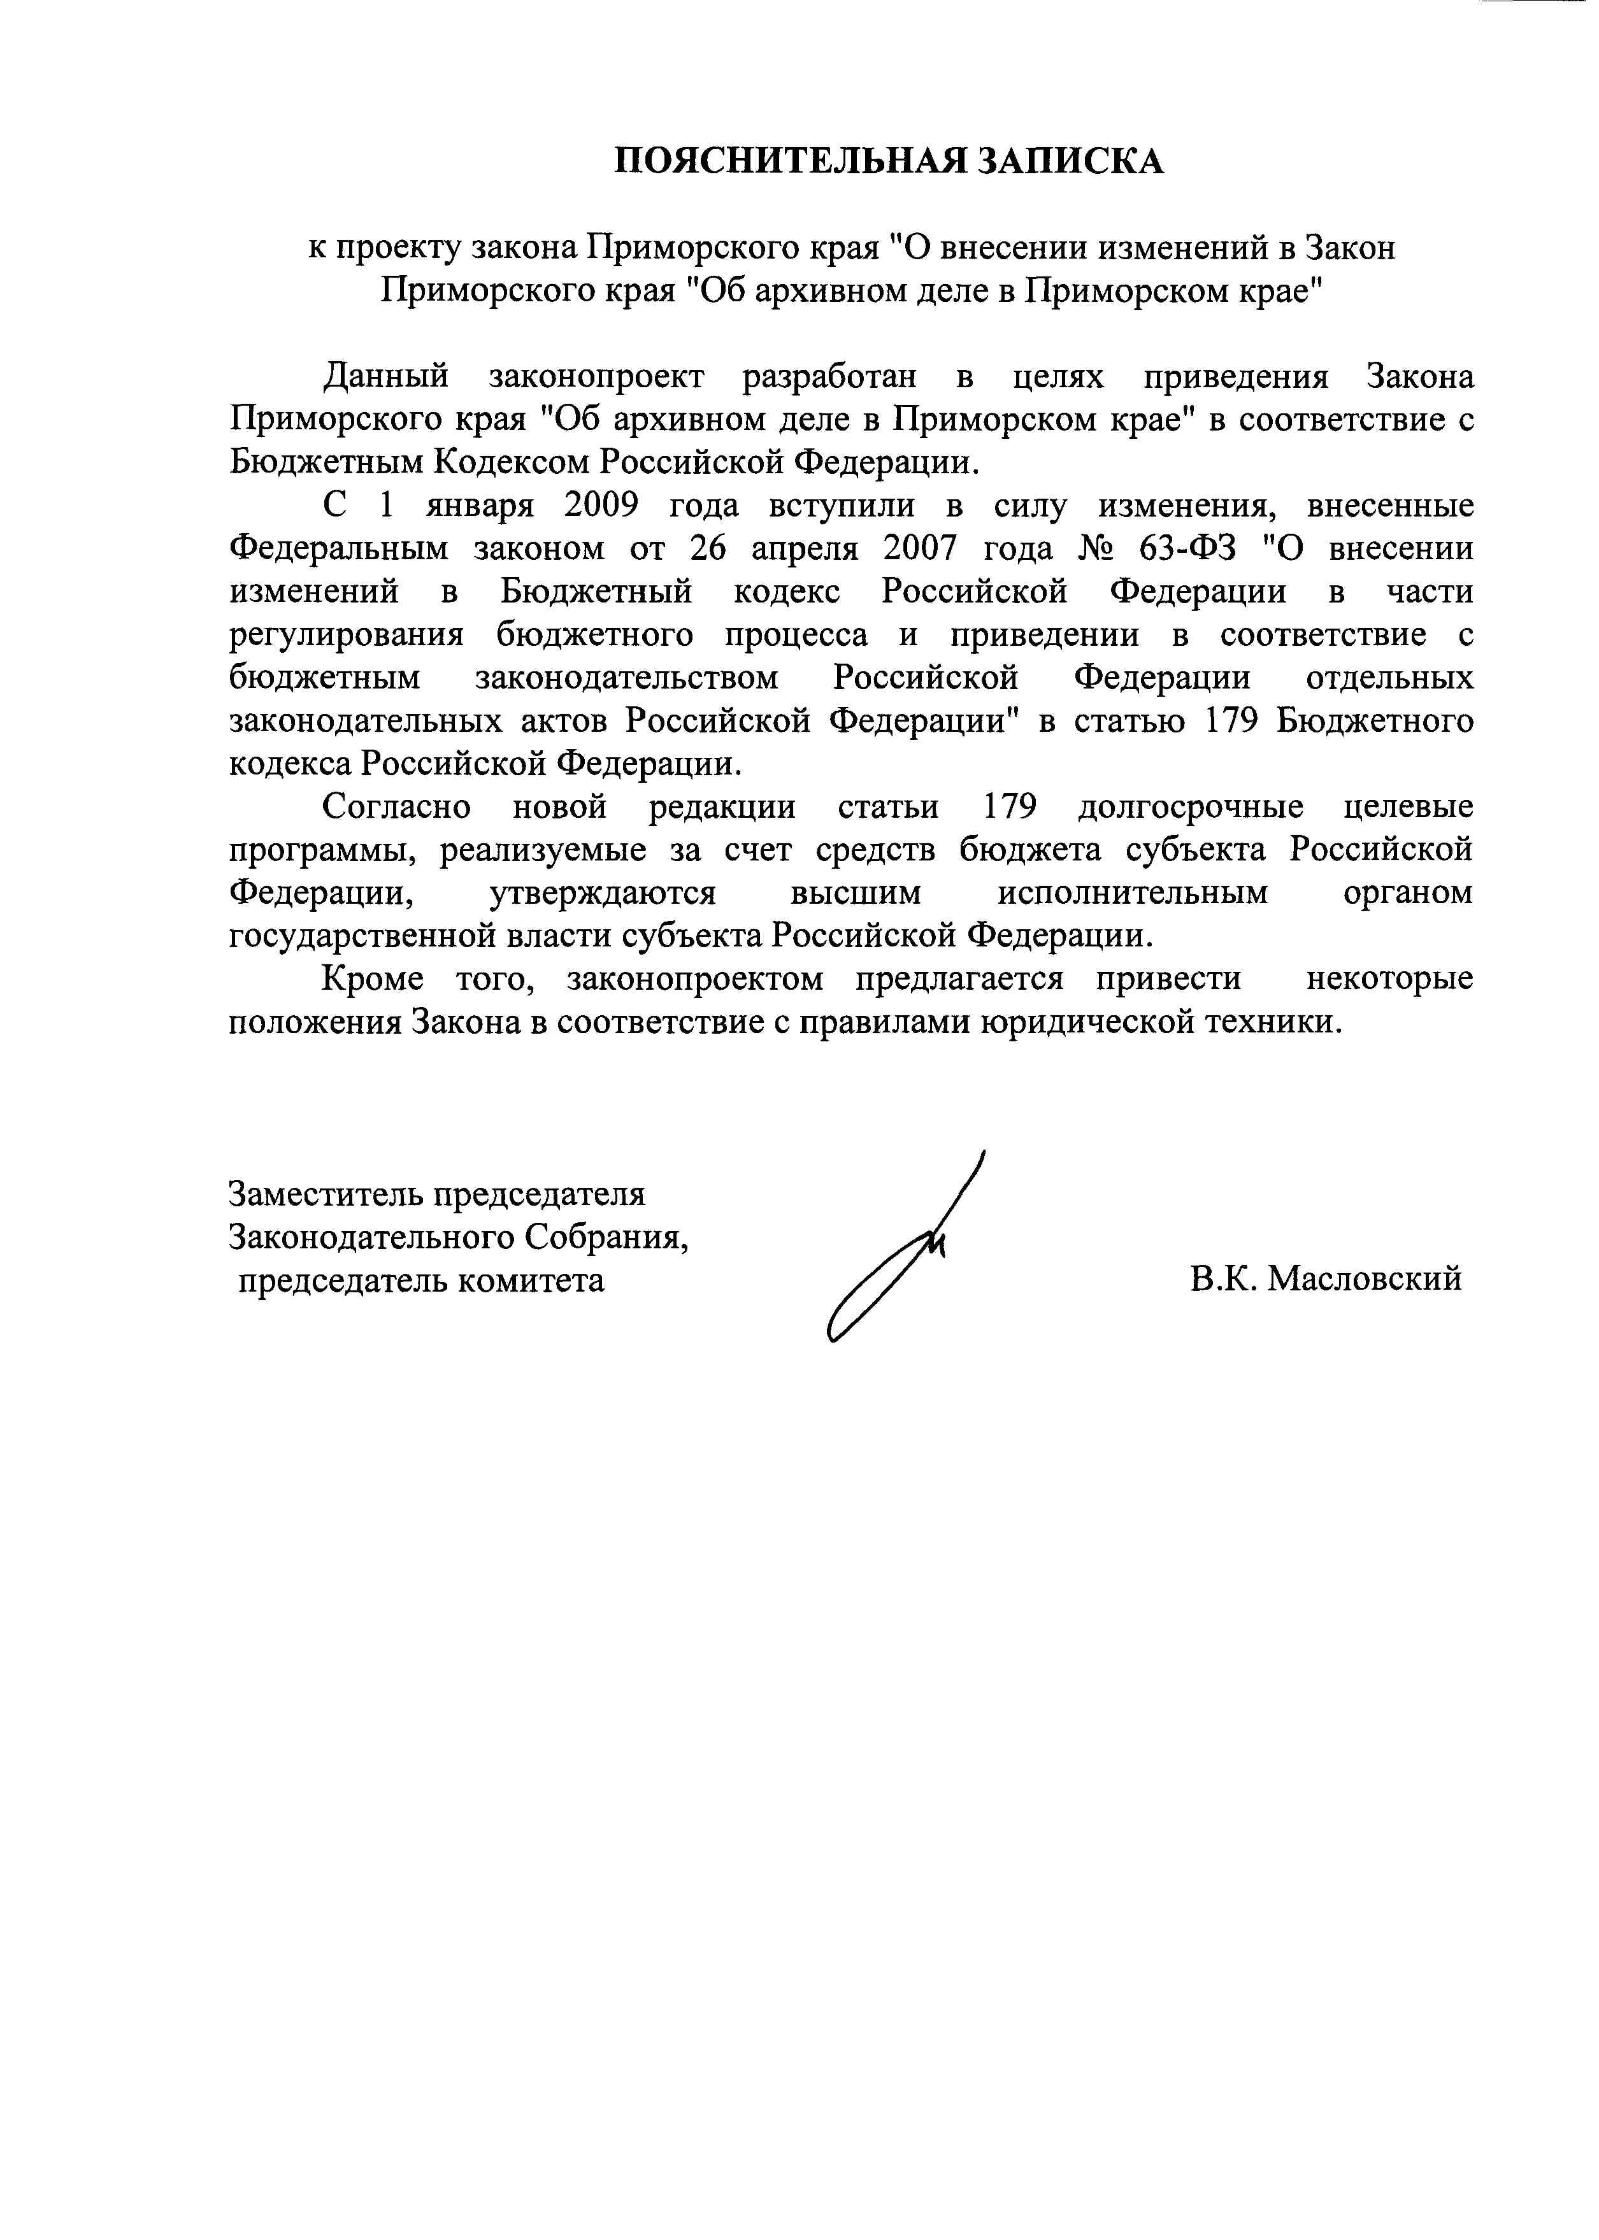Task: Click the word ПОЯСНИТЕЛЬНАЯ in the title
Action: click(784, 161)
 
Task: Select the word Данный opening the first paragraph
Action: click(387, 377)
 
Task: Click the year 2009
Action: click(601, 506)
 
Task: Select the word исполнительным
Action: click(1132, 894)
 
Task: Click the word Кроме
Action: click(373, 980)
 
